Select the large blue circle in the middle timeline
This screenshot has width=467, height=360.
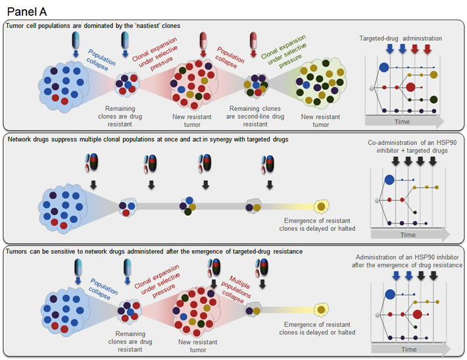pyautogui.click(x=389, y=180)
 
